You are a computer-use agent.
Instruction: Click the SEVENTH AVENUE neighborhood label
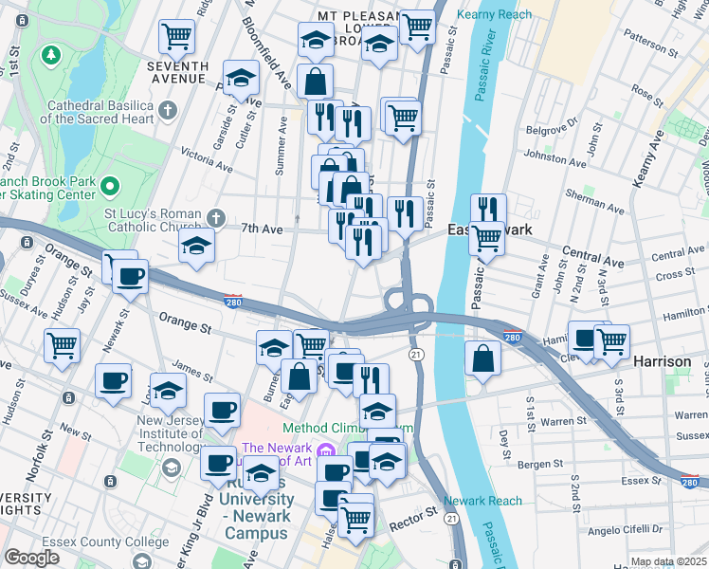pyautogui.click(x=177, y=72)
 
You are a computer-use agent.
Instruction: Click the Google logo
pyautogui.click(x=31, y=558)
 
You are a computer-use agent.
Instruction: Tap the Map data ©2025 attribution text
pyautogui.click(x=668, y=561)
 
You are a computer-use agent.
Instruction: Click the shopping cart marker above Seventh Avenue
pyautogui.click(x=177, y=35)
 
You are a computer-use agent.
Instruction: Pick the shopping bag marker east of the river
pyautogui.click(x=482, y=358)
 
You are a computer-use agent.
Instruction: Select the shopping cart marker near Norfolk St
pyautogui.click(x=62, y=346)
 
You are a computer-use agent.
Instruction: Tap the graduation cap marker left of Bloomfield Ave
pyautogui.click(x=242, y=77)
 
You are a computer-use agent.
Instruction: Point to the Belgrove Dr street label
pyautogui.click(x=552, y=123)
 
